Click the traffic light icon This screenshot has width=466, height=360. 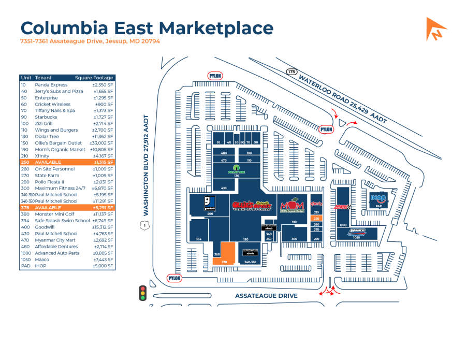click(x=142, y=293)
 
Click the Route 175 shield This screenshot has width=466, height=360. click(x=292, y=71)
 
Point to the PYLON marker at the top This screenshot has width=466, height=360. click(x=215, y=76)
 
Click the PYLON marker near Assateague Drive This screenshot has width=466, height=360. click(x=175, y=278)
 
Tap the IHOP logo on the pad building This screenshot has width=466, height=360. click(x=378, y=198)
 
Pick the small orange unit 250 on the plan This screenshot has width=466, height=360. click(x=316, y=218)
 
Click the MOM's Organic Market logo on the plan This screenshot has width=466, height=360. click(x=295, y=204)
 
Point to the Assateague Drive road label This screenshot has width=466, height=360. click(x=266, y=296)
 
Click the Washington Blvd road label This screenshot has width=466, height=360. click(x=146, y=165)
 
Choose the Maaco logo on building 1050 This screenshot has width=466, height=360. click(x=357, y=231)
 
